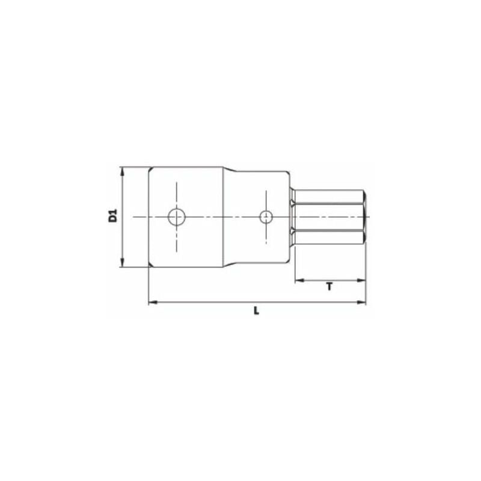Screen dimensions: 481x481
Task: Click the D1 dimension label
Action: tap(112, 216)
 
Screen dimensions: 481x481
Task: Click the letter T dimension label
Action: tap(329, 287)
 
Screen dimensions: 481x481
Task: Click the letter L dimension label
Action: tap(256, 311)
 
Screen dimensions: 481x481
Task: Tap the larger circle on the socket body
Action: tap(176, 217)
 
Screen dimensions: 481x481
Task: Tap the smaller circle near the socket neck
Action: tap(265, 217)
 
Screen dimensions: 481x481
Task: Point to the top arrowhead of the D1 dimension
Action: tap(123, 171)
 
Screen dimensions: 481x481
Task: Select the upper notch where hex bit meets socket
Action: tap(292, 205)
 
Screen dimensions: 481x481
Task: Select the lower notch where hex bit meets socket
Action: tap(292, 230)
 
